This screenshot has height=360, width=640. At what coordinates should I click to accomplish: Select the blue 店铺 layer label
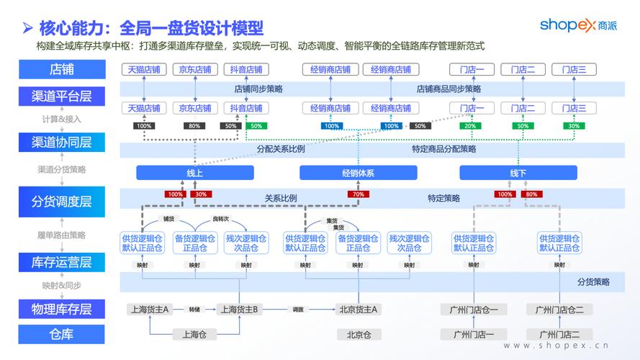point(61,70)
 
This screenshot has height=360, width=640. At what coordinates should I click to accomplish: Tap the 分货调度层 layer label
point(61,202)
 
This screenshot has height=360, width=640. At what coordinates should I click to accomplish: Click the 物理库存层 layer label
point(61,309)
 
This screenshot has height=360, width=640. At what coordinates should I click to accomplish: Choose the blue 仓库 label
point(61,334)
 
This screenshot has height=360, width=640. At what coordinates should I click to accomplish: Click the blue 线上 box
point(195,174)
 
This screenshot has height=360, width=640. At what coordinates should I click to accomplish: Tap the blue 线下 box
point(518,174)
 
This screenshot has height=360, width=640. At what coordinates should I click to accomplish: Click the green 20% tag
point(470,126)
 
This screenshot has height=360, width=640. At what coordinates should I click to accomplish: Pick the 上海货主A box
point(149,310)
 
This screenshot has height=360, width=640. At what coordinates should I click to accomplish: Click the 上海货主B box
point(240,310)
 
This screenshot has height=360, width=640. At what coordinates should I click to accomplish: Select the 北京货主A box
point(359,310)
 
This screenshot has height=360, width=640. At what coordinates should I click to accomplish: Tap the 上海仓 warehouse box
point(194,334)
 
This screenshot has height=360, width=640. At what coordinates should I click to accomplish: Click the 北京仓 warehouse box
point(359,334)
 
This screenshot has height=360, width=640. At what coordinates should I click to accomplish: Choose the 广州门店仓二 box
point(559,310)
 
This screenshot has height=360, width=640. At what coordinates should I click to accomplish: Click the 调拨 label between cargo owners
point(298,309)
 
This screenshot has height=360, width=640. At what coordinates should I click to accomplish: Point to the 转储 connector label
point(194,309)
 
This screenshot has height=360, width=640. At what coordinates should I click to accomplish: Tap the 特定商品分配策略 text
point(444,150)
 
